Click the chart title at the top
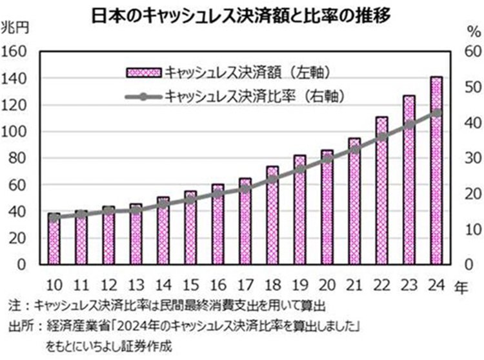(x=242, y=14)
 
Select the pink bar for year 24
(x=436, y=171)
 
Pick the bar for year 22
(x=381, y=191)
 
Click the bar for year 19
(x=299, y=210)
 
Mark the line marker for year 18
(x=272, y=179)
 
